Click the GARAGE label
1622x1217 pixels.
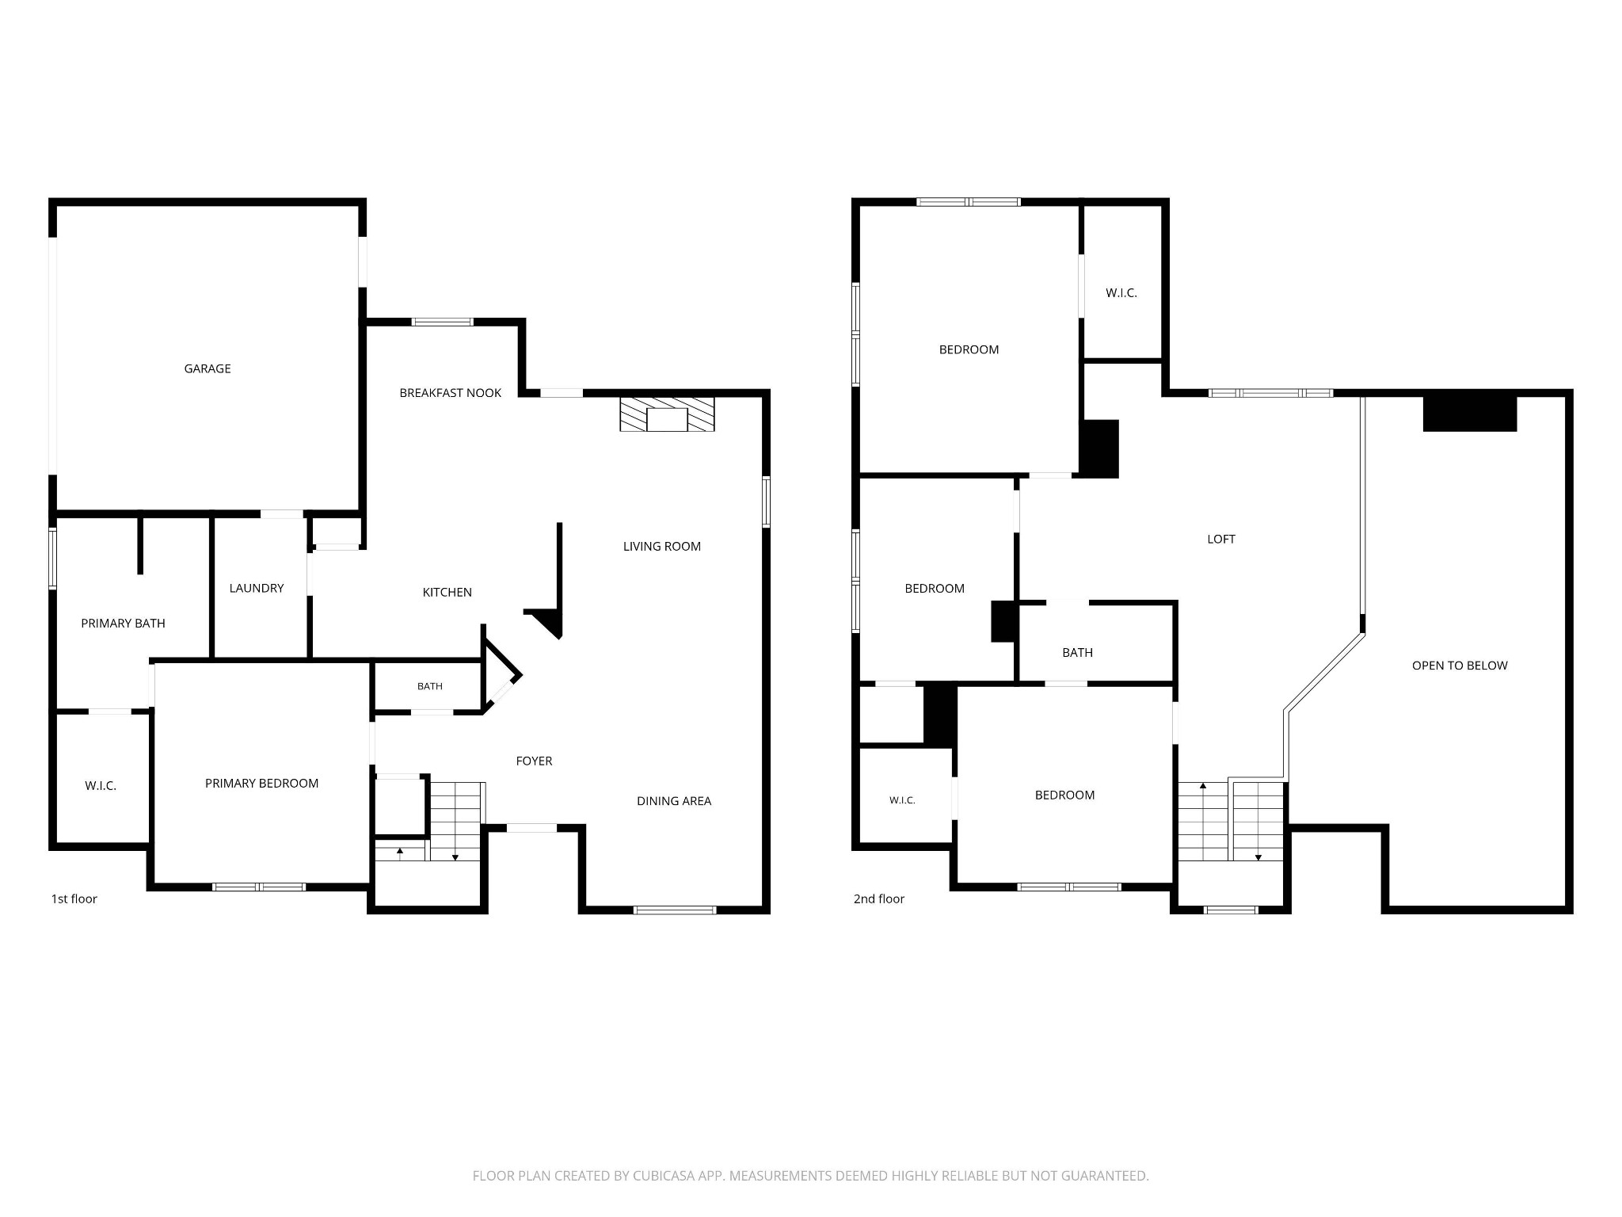pyautogui.click(x=208, y=368)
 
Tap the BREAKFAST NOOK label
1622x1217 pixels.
pyautogui.click(x=450, y=393)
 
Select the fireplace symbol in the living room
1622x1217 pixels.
pyautogui.click(x=667, y=414)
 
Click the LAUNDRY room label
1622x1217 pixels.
pyautogui.click(x=257, y=588)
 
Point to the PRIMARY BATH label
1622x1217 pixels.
pyautogui.click(x=123, y=624)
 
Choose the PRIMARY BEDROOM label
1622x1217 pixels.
pyautogui.click(x=261, y=784)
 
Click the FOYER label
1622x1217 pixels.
pyautogui.click(x=534, y=761)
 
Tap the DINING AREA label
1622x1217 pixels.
pyautogui.click(x=674, y=801)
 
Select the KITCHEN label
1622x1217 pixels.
pyautogui.click(x=447, y=593)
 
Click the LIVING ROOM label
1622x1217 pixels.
pyautogui.click(x=662, y=547)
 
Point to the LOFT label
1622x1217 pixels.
pyautogui.click(x=1221, y=540)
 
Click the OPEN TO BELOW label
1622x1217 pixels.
pyautogui.click(x=1460, y=666)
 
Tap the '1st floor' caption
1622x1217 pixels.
pyautogui.click(x=74, y=899)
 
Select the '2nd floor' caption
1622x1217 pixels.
pyautogui.click(x=879, y=899)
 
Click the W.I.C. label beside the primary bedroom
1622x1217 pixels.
pyautogui.click(x=101, y=786)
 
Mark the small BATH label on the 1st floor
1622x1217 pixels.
pyautogui.click(x=430, y=687)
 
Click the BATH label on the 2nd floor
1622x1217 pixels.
pyautogui.click(x=1077, y=653)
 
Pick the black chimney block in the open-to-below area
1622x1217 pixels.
pyautogui.click(x=1470, y=414)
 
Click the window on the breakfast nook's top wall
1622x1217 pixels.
pyautogui.click(x=442, y=322)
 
